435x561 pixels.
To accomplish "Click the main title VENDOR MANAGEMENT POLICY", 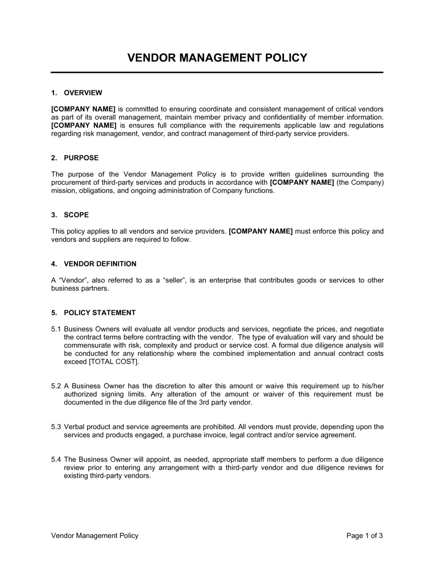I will (x=217, y=58).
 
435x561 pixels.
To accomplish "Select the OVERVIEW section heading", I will (x=83, y=93).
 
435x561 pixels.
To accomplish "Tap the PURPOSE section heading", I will (x=81, y=158).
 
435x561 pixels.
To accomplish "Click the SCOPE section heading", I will (x=76, y=215).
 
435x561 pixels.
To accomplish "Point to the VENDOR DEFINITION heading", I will (x=100, y=264).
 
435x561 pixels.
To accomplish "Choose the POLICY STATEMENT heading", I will (x=100, y=313).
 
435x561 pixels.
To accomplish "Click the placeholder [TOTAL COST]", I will (x=114, y=362).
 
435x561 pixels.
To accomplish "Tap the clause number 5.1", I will (x=56, y=329).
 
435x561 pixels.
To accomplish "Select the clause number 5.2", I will (x=56, y=386).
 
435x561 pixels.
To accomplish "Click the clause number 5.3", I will (x=56, y=427).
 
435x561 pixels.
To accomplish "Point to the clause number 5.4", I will (x=56, y=460).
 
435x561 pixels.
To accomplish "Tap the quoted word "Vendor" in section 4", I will (x=70, y=280).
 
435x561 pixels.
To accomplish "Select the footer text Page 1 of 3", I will (x=365, y=536).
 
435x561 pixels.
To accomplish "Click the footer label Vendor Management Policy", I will (x=95, y=536).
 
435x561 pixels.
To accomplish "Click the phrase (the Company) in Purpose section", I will (x=360, y=183).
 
